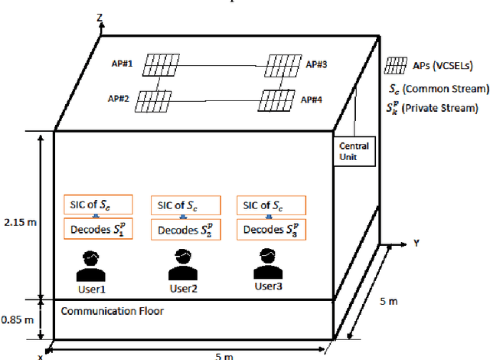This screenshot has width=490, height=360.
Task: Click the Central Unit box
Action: click(x=353, y=151)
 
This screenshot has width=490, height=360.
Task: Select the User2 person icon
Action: click(x=184, y=266)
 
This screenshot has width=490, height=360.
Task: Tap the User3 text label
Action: click(x=268, y=286)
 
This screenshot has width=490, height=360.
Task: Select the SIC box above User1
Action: click(x=98, y=205)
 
